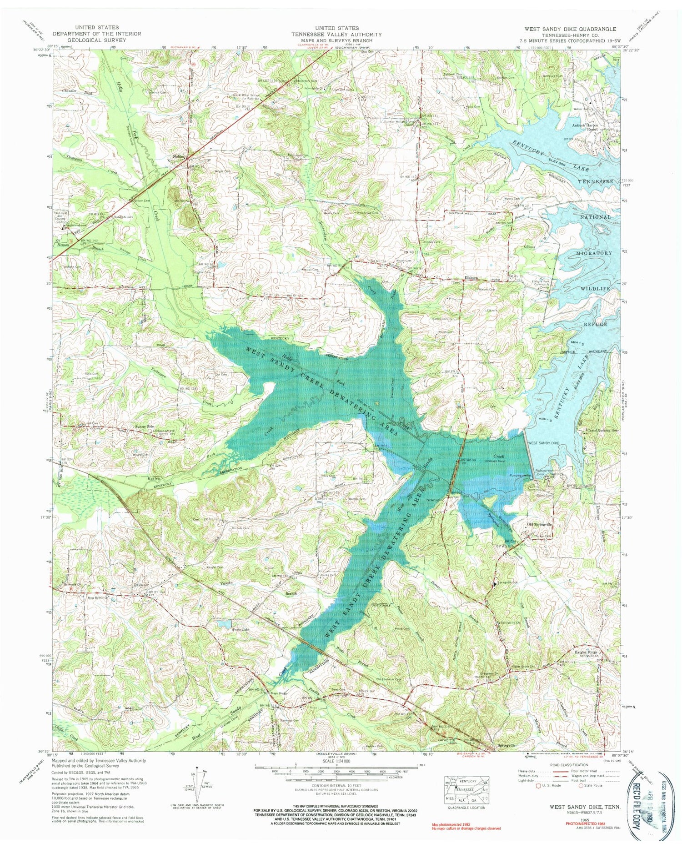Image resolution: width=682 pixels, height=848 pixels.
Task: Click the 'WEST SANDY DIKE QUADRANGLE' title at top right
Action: click(x=570, y=28)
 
